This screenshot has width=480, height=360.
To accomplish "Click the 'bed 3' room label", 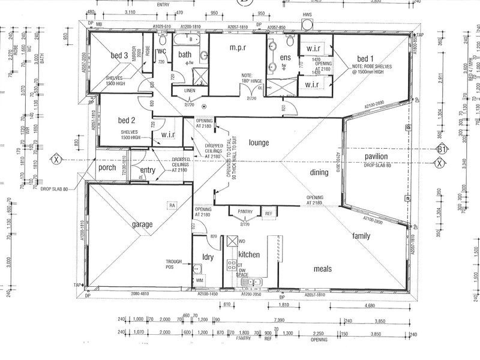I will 119,56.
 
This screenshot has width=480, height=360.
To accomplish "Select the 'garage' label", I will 142,224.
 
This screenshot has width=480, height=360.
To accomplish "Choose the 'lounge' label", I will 259,143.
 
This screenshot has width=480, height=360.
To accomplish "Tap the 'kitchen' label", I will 249,254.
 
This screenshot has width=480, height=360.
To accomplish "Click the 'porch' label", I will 107,167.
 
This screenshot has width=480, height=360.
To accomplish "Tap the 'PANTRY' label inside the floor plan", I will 244,211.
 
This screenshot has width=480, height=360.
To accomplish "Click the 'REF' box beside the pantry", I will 268,213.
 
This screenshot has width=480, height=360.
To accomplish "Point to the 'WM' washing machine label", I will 200,280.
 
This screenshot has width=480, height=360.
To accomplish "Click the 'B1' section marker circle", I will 443,149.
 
